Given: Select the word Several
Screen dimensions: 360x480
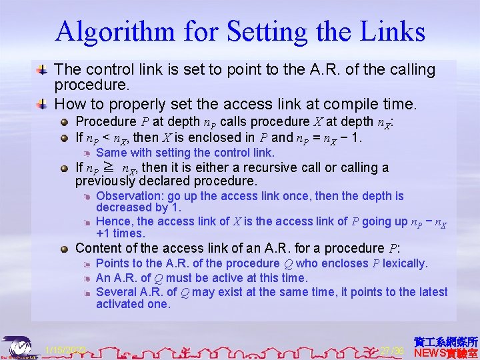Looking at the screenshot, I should coord(117,291).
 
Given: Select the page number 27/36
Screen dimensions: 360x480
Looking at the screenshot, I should coord(392,351).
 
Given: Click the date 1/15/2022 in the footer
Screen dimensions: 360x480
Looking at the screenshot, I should coord(65,350).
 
